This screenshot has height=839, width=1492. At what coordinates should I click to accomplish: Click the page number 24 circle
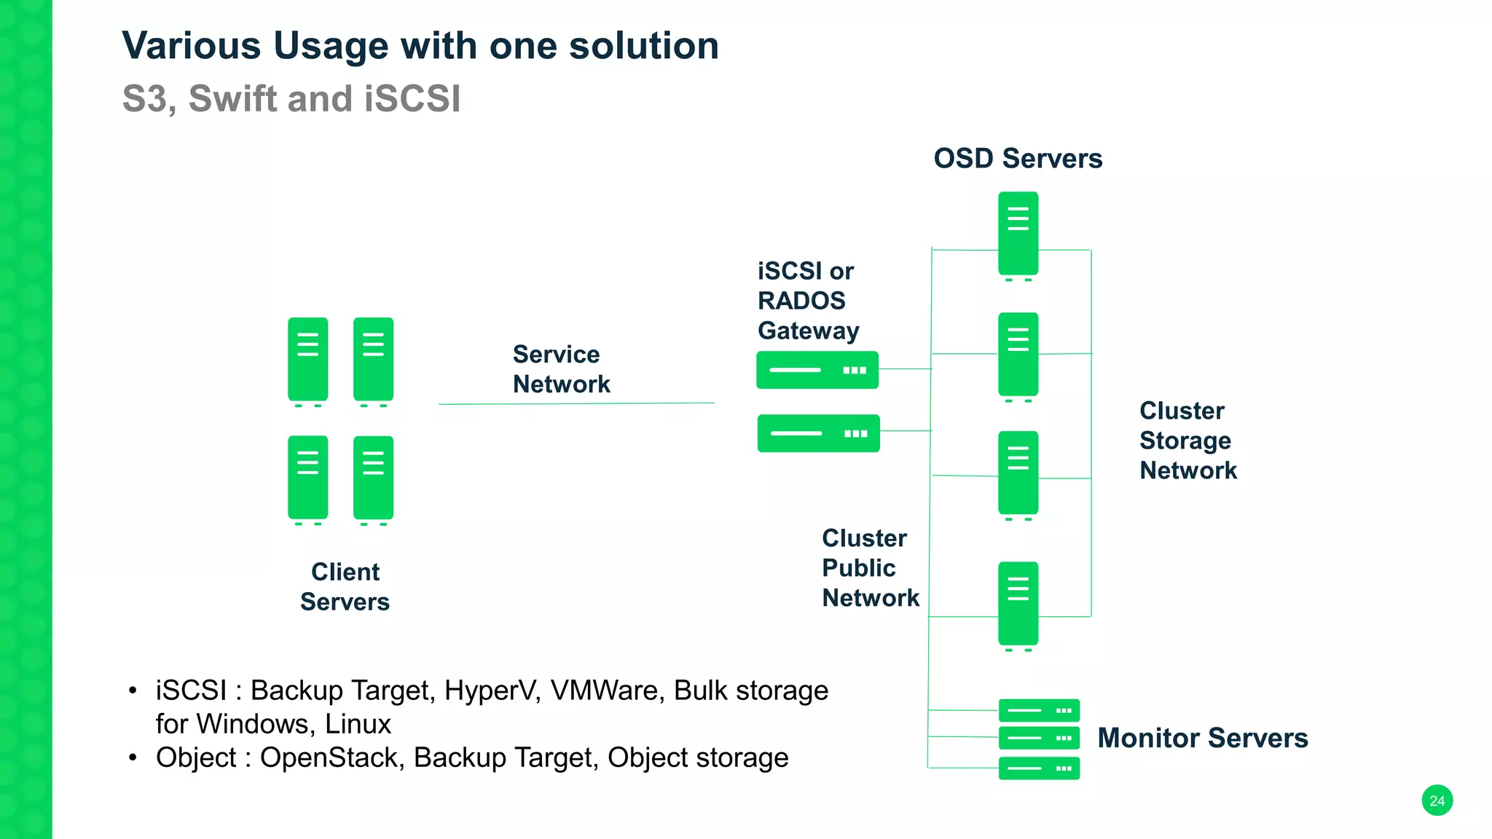click(x=1437, y=800)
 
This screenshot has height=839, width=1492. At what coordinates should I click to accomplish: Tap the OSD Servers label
click(x=1018, y=158)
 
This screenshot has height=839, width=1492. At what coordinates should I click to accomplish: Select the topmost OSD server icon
click(x=1018, y=233)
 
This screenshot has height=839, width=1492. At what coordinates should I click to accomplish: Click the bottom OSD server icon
click(x=1018, y=604)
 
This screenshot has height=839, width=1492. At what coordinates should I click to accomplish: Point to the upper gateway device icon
click(x=817, y=370)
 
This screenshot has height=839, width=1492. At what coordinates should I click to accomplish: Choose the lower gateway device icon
click(x=818, y=433)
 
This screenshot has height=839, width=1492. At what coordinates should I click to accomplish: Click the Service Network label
click(x=560, y=369)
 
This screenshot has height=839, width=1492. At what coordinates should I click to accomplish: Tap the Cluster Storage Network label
click(x=1187, y=441)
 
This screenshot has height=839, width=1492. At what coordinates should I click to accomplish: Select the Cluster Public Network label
click(x=870, y=568)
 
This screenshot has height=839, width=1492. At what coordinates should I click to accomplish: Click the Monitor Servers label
click(x=1202, y=738)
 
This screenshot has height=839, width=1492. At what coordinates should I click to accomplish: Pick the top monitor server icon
click(x=1039, y=710)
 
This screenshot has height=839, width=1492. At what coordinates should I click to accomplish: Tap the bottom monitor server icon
click(x=1039, y=768)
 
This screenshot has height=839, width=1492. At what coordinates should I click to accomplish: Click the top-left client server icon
click(x=307, y=359)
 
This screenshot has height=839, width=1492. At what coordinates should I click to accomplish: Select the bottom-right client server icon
click(x=373, y=478)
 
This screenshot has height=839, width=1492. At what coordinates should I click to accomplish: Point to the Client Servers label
click(x=345, y=587)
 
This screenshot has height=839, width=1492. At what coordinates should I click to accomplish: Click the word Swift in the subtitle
click(x=232, y=99)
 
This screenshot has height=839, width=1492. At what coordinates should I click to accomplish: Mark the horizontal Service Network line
click(x=576, y=403)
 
